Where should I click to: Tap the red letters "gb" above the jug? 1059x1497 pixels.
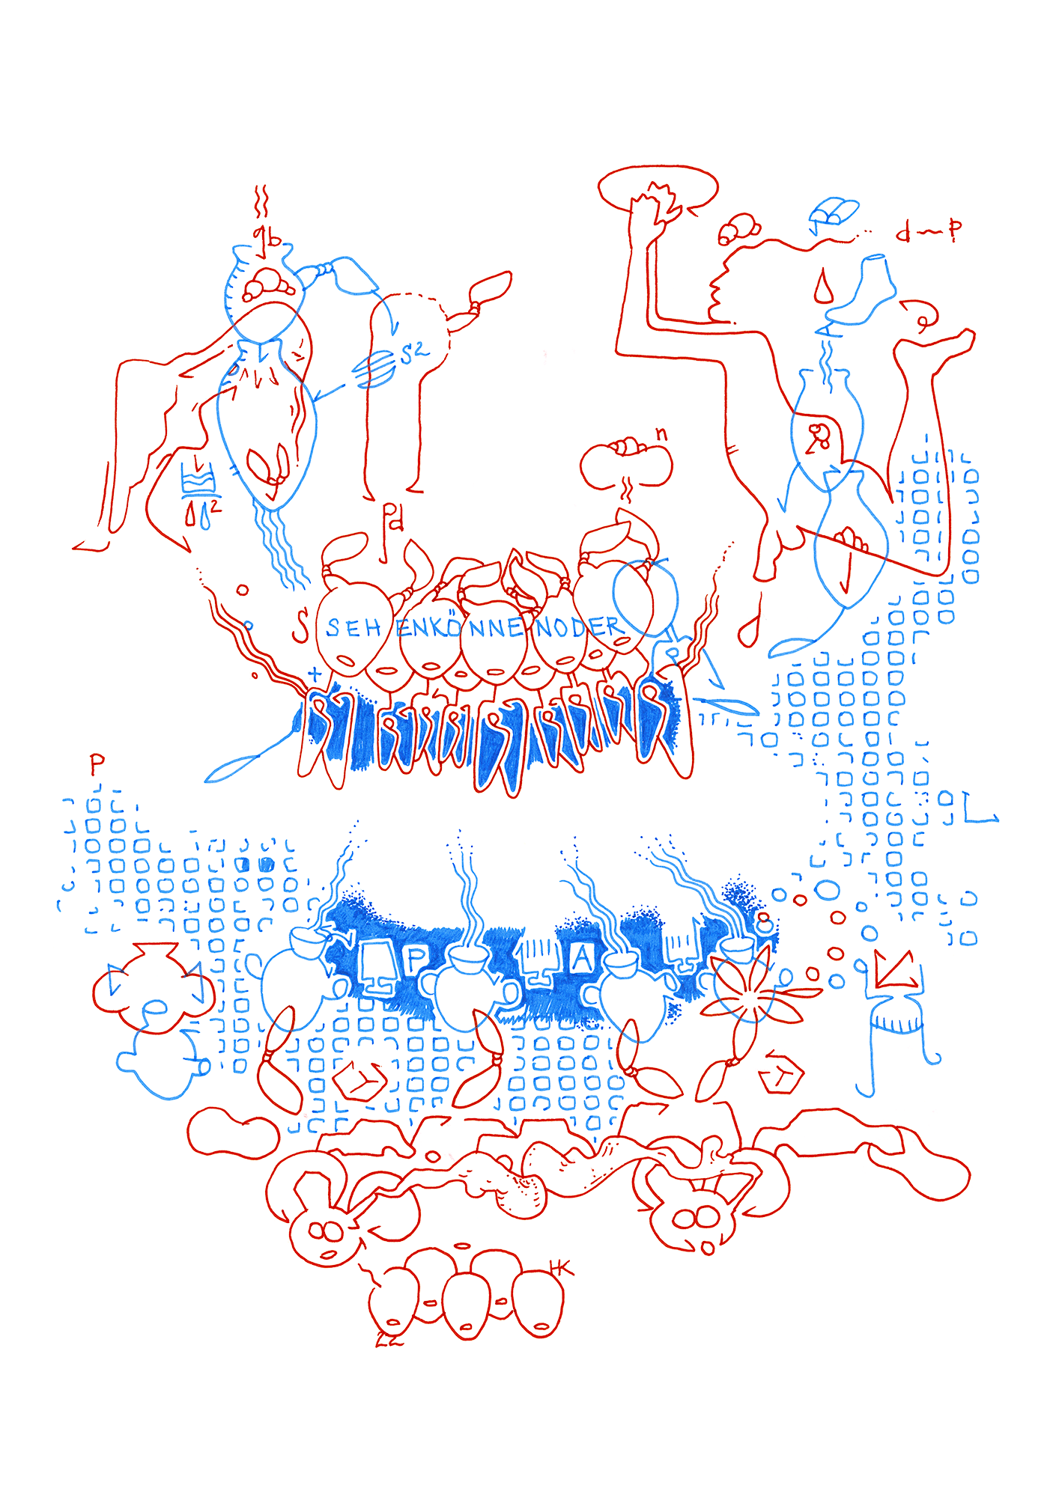click(x=267, y=238)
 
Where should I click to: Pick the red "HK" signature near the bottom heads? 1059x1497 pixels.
click(x=560, y=1268)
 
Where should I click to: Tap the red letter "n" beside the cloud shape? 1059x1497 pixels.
click(x=661, y=433)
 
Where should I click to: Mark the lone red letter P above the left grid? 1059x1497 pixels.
click(x=97, y=764)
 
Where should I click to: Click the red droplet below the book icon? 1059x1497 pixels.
click(x=823, y=287)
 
